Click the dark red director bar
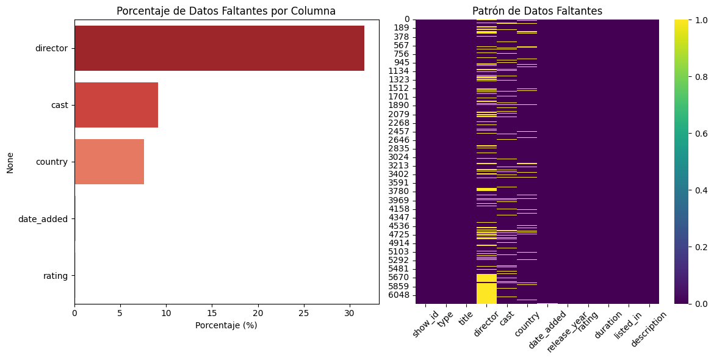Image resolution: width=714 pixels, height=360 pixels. coord(219,48)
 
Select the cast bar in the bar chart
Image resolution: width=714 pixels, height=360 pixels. coord(116,105)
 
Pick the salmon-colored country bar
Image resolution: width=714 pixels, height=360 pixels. coord(109,162)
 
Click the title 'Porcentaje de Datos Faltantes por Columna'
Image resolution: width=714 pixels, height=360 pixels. coord(226,11)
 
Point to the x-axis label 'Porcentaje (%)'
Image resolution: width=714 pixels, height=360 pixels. coord(226,325)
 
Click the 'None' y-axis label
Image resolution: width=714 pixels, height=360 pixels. coord(10,162)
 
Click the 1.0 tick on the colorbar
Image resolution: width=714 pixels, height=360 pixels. coord(701,20)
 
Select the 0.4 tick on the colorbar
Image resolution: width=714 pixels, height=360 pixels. coord(701,190)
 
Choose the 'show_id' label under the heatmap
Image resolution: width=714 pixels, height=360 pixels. coord(426,323)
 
